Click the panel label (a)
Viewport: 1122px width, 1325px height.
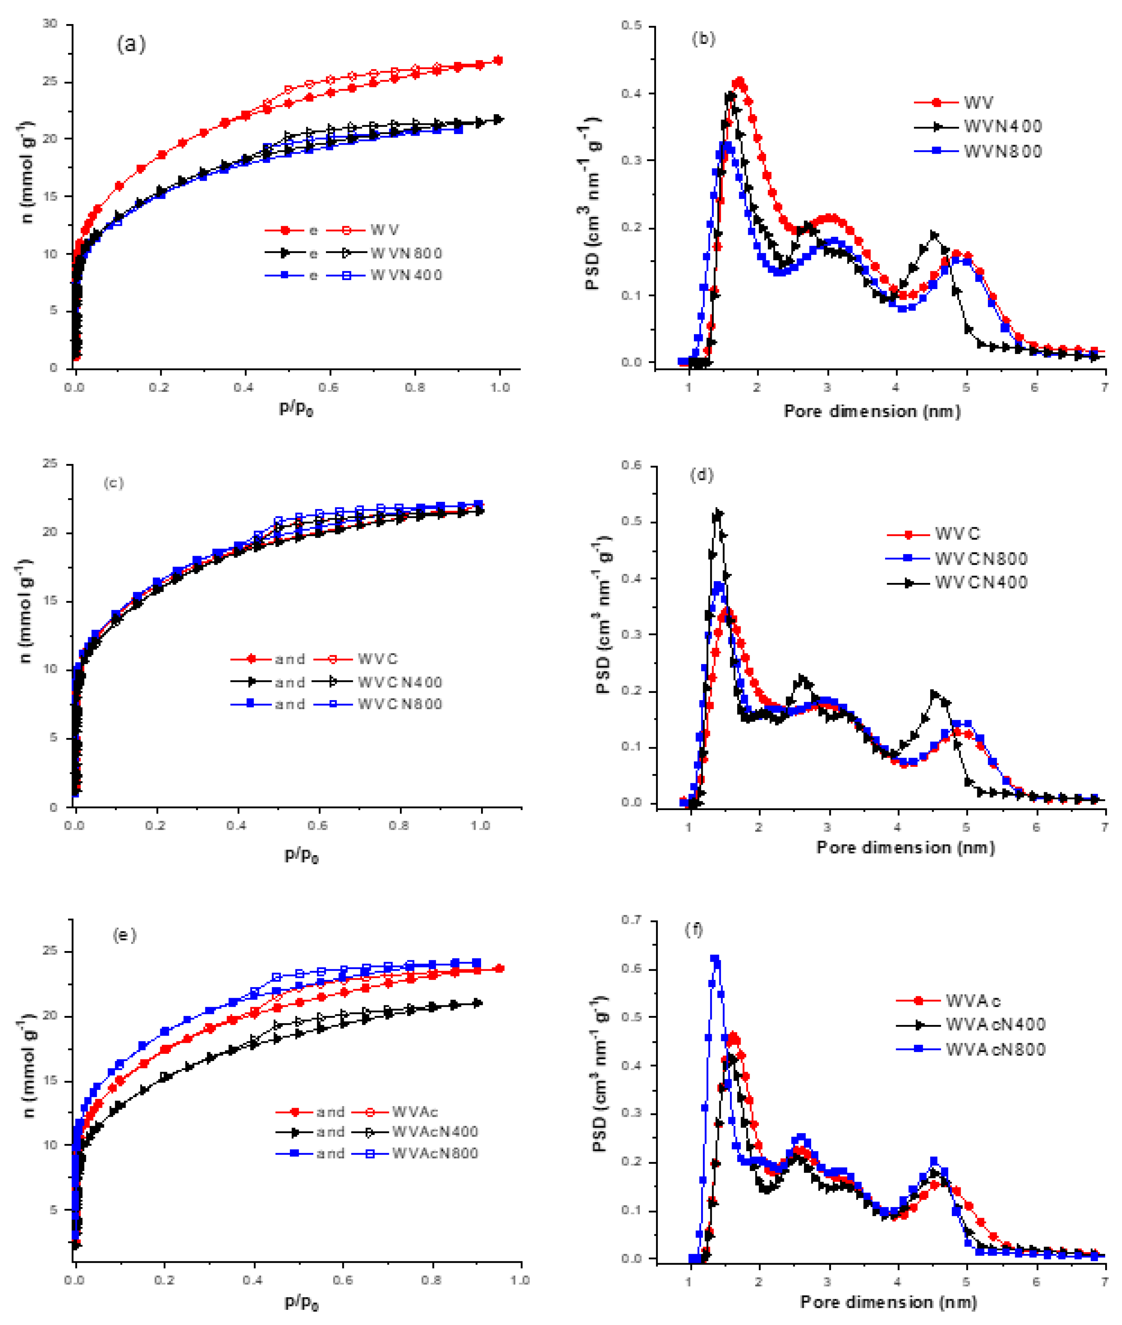pyautogui.click(x=131, y=44)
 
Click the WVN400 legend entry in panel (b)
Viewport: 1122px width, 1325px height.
pyautogui.click(x=1003, y=126)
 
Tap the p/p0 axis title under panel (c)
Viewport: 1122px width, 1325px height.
pyautogui.click(x=301, y=855)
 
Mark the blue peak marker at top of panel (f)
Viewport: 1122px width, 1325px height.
pyautogui.click(x=714, y=959)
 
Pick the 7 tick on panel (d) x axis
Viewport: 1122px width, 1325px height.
pyautogui.click(x=1105, y=827)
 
